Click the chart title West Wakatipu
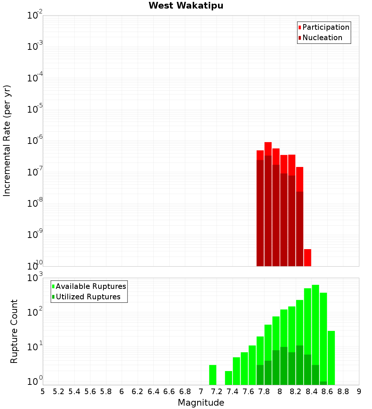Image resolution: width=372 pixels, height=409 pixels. coord(186,6)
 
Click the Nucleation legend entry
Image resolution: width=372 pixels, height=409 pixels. coord(322,38)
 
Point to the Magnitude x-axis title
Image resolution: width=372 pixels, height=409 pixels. coord(201,403)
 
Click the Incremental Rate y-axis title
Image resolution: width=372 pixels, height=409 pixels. coord(7,141)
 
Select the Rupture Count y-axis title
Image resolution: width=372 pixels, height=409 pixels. coord(14,331)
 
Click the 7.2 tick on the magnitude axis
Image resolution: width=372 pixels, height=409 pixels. coord(217,392)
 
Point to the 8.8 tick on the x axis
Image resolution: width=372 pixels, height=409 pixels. coord(343,392)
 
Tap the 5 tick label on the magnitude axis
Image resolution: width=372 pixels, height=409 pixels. coord(43,392)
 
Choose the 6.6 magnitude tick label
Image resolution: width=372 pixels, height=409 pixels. coord(169,392)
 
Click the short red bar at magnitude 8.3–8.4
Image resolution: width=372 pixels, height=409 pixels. coord(308,258)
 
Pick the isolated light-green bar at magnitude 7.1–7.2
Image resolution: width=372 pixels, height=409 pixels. coord(213,375)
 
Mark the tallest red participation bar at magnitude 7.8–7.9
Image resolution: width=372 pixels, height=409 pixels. coord(268,149)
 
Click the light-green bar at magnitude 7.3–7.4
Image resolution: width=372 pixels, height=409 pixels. coord(228,378)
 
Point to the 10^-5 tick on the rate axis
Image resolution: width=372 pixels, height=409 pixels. coord(34,109)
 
